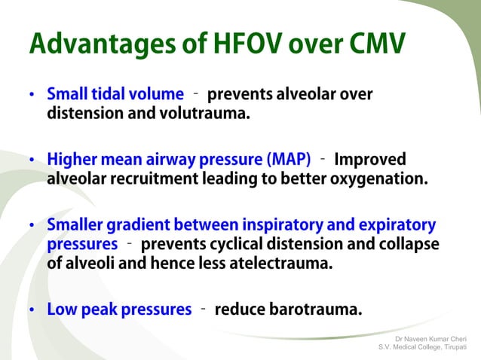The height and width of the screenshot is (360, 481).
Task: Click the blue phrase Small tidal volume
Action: pyautogui.click(x=115, y=95)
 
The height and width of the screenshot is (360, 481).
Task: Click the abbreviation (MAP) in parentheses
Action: pyautogui.click(x=288, y=160)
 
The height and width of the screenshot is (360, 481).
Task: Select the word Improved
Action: pyautogui.click(x=369, y=160)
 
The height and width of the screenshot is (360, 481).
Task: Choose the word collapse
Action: pyautogui.click(x=409, y=245)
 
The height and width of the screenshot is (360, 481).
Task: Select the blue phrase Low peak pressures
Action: pyautogui.click(x=119, y=310)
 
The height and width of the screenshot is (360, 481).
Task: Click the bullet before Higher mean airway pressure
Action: pyautogui.click(x=32, y=160)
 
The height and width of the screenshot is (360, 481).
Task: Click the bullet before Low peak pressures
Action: pyautogui.click(x=32, y=310)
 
